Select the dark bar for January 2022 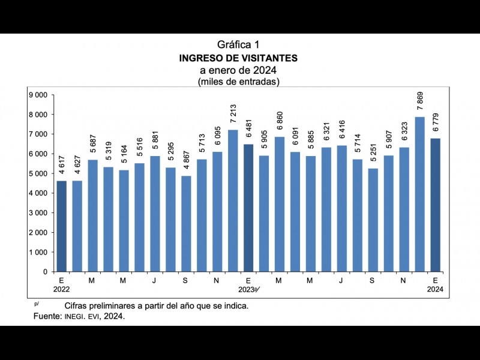[61, 226]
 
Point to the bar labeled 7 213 [233, 200]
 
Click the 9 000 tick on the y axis [38, 95]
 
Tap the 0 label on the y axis [45, 272]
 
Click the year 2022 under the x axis [61, 290]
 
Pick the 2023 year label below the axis [247, 290]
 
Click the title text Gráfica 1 [238, 44]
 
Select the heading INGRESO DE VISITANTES [238, 58]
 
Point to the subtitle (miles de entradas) [238, 82]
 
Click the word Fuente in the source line [46, 316]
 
